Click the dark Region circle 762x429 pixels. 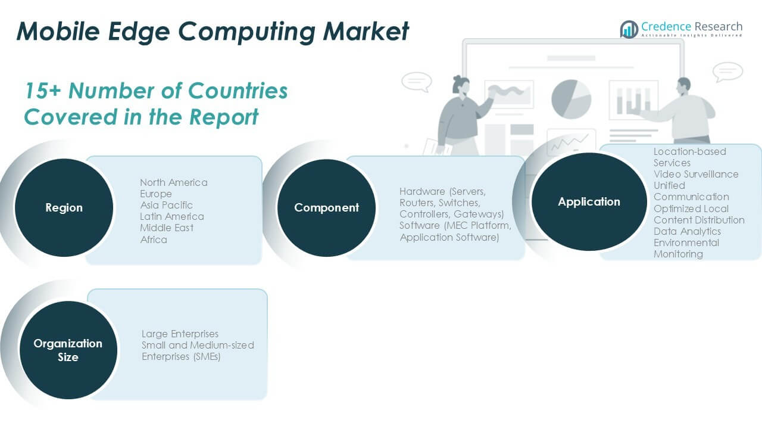click(x=64, y=208)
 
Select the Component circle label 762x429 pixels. click(x=326, y=208)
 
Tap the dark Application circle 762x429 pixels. click(x=589, y=201)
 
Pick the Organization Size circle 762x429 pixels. click(x=68, y=350)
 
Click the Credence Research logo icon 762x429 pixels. click(x=629, y=29)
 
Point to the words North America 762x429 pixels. click(x=174, y=182)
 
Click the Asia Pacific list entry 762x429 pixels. click(x=166, y=205)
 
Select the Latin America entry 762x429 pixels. click(x=171, y=216)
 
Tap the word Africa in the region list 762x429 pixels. click(x=154, y=240)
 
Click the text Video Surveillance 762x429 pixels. click(x=696, y=174)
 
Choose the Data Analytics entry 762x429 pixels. click(x=687, y=231)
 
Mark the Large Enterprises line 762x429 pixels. click(x=180, y=334)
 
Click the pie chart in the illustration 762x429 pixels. click(x=571, y=98)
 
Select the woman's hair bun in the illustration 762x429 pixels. click(x=457, y=79)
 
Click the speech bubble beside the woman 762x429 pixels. click(x=416, y=82)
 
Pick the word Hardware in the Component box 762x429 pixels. click(x=422, y=191)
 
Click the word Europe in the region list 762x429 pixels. click(x=156, y=194)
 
